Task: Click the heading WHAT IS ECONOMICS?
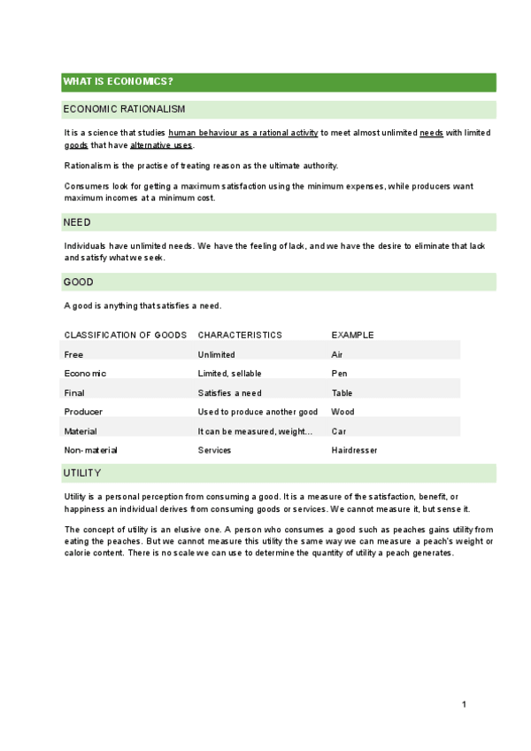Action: (118, 82)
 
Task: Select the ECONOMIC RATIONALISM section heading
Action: (124, 109)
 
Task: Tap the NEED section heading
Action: (77, 222)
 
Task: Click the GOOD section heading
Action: (78, 282)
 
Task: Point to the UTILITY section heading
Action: (82, 473)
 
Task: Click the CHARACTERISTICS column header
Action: (240, 335)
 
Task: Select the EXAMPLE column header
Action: (352, 335)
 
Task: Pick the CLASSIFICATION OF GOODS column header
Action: (126, 335)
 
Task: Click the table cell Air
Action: (336, 354)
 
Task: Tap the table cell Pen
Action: (339, 374)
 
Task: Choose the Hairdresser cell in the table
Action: (354, 450)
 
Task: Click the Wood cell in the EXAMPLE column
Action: (342, 412)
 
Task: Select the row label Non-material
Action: (90, 450)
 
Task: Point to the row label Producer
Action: (83, 412)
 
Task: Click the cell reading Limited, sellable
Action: (229, 374)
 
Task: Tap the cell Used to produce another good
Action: (258, 412)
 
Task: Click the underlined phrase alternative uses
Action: (161, 145)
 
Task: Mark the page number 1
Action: (463, 704)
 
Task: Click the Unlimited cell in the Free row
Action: (216, 354)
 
